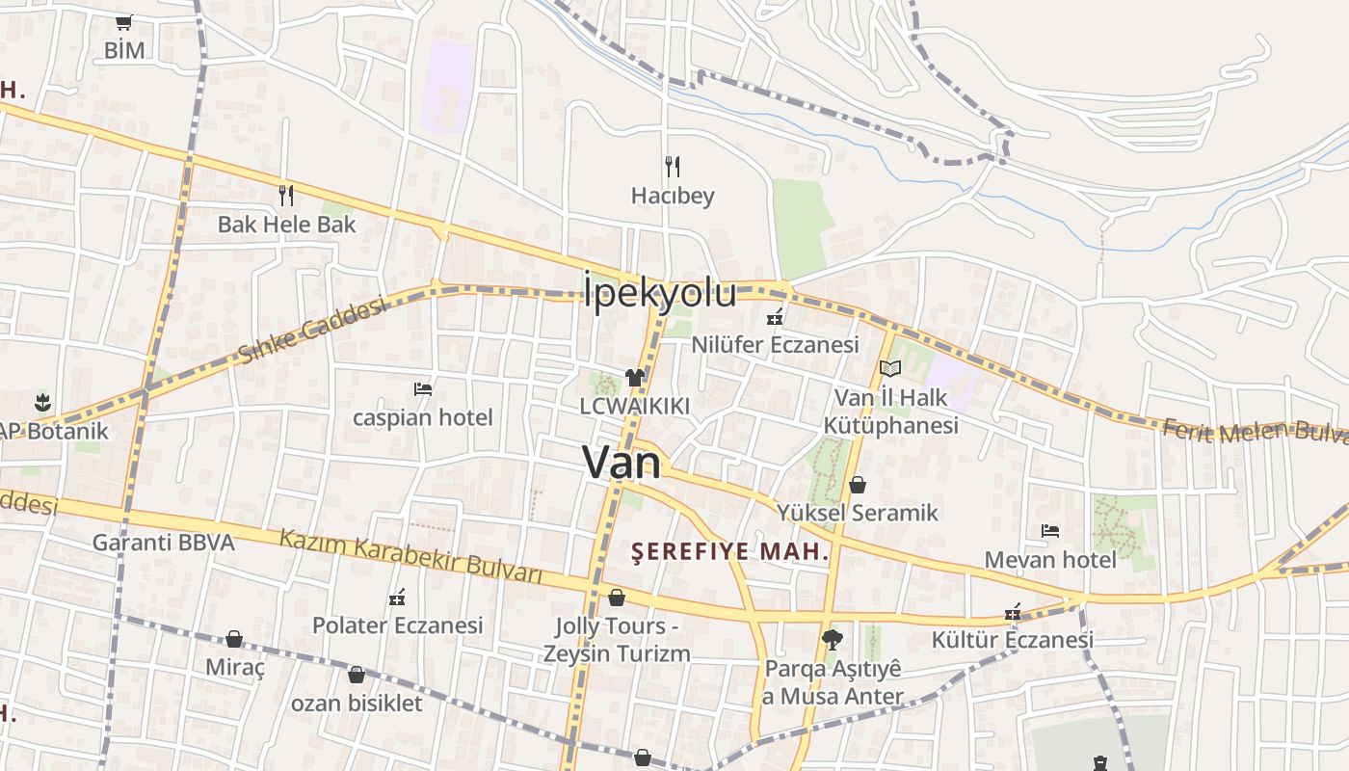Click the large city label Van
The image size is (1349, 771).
click(622, 464)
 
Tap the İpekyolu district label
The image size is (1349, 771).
click(660, 293)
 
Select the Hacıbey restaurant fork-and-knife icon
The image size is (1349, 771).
click(673, 167)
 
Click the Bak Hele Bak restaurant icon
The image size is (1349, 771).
click(286, 196)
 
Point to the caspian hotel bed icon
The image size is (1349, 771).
click(422, 389)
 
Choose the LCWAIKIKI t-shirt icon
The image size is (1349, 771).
click(634, 378)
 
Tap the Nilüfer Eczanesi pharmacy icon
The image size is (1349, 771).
click(774, 316)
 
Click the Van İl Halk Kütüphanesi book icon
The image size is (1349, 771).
click(890, 369)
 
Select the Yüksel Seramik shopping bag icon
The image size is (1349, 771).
click(857, 484)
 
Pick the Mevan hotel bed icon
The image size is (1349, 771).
click(1050, 531)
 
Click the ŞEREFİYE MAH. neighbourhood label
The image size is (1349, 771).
click(730, 552)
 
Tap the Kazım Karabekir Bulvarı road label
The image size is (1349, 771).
click(411, 555)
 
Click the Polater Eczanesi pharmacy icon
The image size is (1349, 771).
click(397, 598)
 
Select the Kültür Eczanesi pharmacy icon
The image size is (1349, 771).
click(1013, 612)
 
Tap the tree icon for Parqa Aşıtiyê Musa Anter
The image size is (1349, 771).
click(832, 639)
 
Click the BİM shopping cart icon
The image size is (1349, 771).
click(123, 22)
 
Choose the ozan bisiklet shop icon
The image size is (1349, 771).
click(357, 675)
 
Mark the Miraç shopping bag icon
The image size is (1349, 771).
click(234, 639)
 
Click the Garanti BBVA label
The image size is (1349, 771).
click(163, 543)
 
